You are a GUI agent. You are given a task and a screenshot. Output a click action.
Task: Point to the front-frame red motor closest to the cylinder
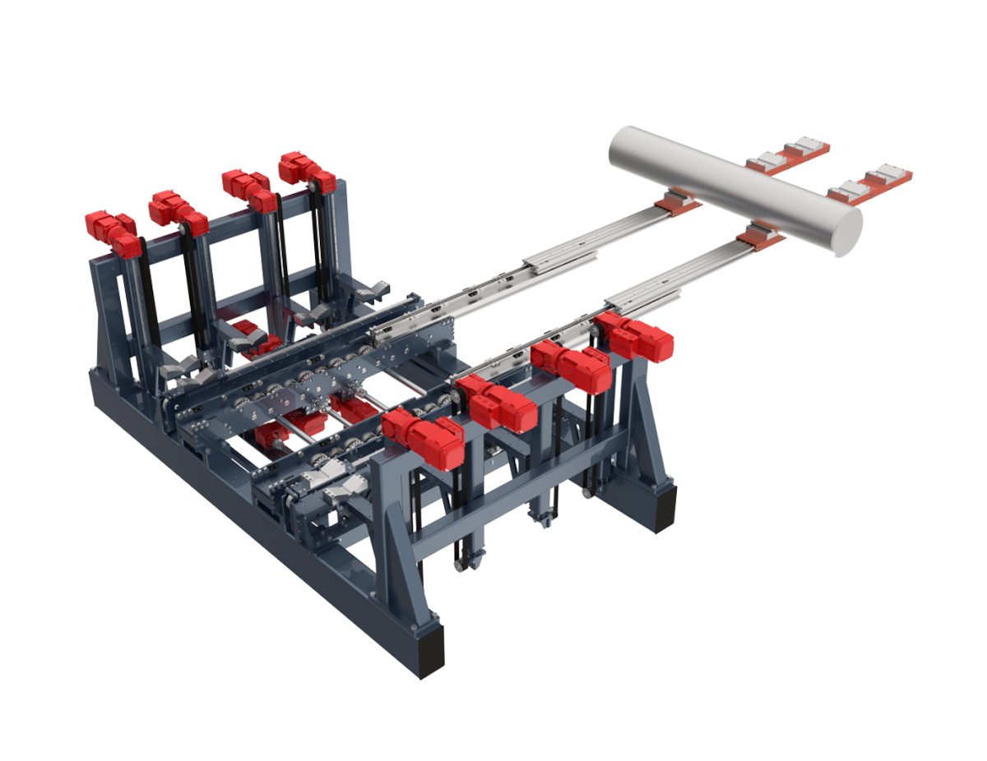[636, 335]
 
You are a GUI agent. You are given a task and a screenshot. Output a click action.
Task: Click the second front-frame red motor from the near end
[497, 402]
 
